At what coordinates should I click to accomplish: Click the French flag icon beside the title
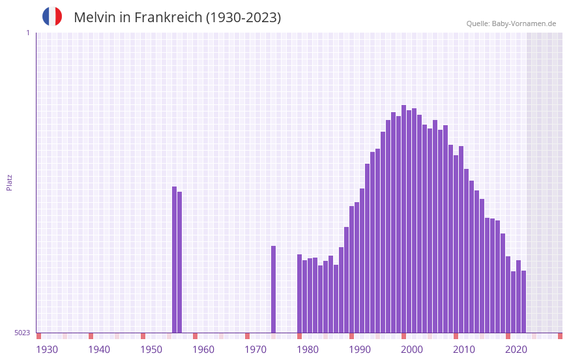pos(52,16)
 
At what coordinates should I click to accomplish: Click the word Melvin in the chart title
pos(94,18)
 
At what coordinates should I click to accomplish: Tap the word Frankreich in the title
pos(168,18)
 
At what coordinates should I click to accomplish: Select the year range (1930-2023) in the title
pos(243,18)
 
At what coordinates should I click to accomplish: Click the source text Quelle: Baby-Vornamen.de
pos(511,23)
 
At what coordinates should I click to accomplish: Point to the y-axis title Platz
pos(9,182)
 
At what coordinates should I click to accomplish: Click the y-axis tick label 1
pos(27,33)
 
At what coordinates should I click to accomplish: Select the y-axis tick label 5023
pos(22,333)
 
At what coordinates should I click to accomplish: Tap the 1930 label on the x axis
pos(47,350)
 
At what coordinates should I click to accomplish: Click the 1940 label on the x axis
pos(99,350)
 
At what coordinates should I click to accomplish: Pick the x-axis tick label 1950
pos(151,350)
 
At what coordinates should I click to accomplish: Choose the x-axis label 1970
pos(255,350)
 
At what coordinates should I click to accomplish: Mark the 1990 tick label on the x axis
pos(360,350)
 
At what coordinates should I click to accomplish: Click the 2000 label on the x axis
pos(412,350)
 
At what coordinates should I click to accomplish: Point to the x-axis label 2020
pos(516,350)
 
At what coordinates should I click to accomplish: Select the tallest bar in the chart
pos(404,218)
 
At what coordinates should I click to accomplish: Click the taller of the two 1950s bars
pos(175,260)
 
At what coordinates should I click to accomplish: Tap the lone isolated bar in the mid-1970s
pos(274,289)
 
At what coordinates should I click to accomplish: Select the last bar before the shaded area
pos(524,301)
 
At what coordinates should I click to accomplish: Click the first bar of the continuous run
pos(300,293)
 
